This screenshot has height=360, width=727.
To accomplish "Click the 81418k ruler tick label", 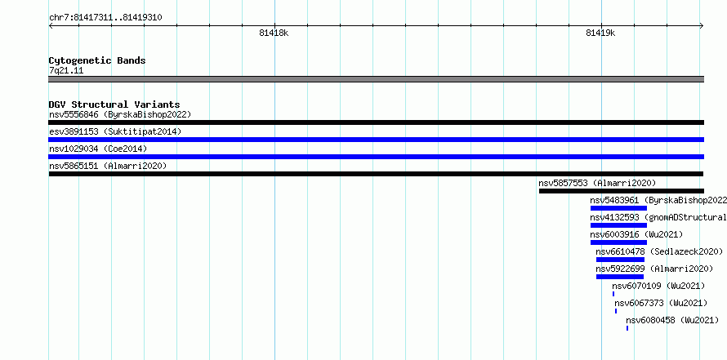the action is (274, 33).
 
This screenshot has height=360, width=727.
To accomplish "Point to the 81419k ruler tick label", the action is (600, 33).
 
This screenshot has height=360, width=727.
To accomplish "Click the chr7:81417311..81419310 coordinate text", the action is (105, 18).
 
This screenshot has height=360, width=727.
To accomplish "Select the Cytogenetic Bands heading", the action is (97, 60).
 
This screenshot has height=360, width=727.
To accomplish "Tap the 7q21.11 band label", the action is (66, 71).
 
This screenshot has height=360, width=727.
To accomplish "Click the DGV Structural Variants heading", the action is (114, 104).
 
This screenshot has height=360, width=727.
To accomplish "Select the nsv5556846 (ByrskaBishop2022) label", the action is (120, 114).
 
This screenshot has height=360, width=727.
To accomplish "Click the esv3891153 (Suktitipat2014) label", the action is (115, 131).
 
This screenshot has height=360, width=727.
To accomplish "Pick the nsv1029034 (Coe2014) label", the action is (98, 149).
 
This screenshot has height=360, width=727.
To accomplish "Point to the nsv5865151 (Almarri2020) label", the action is (108, 166).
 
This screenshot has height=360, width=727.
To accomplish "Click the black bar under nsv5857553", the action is (622, 191).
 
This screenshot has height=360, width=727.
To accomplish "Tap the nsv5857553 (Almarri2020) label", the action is (597, 183).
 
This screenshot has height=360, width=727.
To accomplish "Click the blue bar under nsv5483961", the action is (618, 208).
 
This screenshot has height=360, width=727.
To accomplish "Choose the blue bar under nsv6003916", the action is (618, 242).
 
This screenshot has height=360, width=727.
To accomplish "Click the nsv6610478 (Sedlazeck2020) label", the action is (659, 251).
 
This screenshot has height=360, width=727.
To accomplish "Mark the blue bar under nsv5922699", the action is (620, 277).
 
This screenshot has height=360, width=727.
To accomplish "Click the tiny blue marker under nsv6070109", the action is (613, 294).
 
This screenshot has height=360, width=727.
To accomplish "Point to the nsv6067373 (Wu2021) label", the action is (661, 303).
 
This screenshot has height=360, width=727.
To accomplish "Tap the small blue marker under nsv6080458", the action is (627, 328).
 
